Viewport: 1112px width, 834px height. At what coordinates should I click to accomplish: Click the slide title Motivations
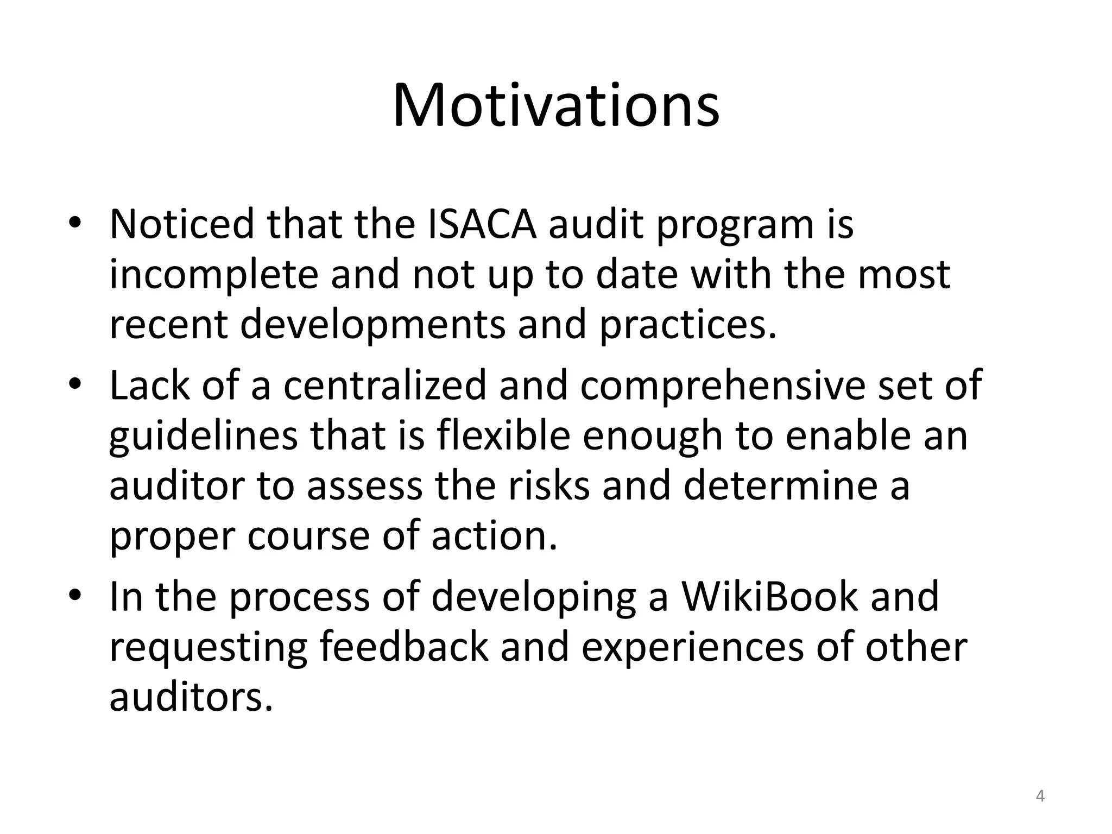(x=556, y=105)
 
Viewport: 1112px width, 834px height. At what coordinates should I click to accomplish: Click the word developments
(x=372, y=324)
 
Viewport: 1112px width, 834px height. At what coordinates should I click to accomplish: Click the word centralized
(x=384, y=385)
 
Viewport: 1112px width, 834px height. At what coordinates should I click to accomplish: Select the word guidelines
(x=204, y=436)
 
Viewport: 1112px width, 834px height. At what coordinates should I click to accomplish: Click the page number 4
(x=1040, y=797)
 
